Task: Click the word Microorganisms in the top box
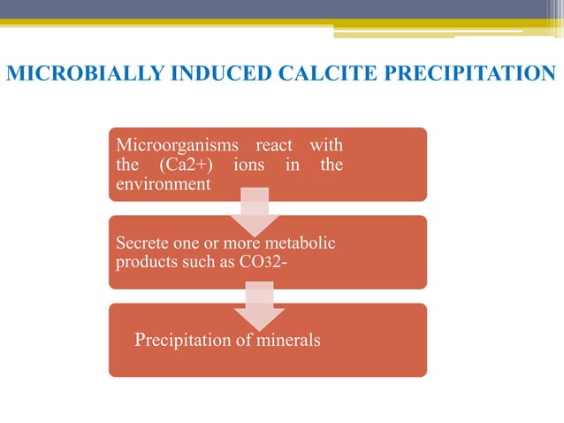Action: tap(175, 145)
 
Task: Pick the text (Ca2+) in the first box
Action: tap(173, 165)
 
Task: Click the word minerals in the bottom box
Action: tap(287, 340)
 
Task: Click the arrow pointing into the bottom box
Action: tap(259, 306)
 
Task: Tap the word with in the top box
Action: tap(327, 145)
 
